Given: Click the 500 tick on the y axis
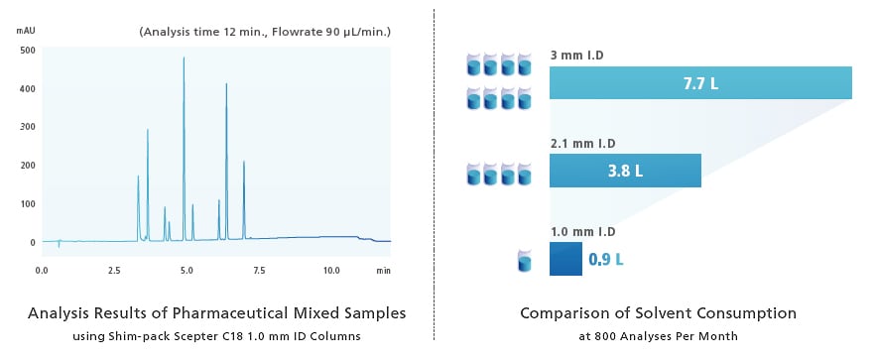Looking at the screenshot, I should [27, 50].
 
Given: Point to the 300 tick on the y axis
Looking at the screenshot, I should [27, 127].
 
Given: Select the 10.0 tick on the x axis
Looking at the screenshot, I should [330, 270].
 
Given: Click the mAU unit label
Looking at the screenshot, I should [27, 32].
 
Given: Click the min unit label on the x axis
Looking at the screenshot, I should [384, 270].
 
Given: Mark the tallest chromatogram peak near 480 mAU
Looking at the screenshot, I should [184, 60].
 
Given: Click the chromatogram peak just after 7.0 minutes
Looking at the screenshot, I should [244, 164].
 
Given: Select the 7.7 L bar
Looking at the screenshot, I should [700, 83].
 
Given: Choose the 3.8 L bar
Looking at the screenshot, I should [625, 171].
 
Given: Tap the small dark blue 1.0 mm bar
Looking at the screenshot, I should [565, 259].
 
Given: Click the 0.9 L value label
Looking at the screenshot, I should [606, 260].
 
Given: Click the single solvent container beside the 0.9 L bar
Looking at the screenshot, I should [525, 262].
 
